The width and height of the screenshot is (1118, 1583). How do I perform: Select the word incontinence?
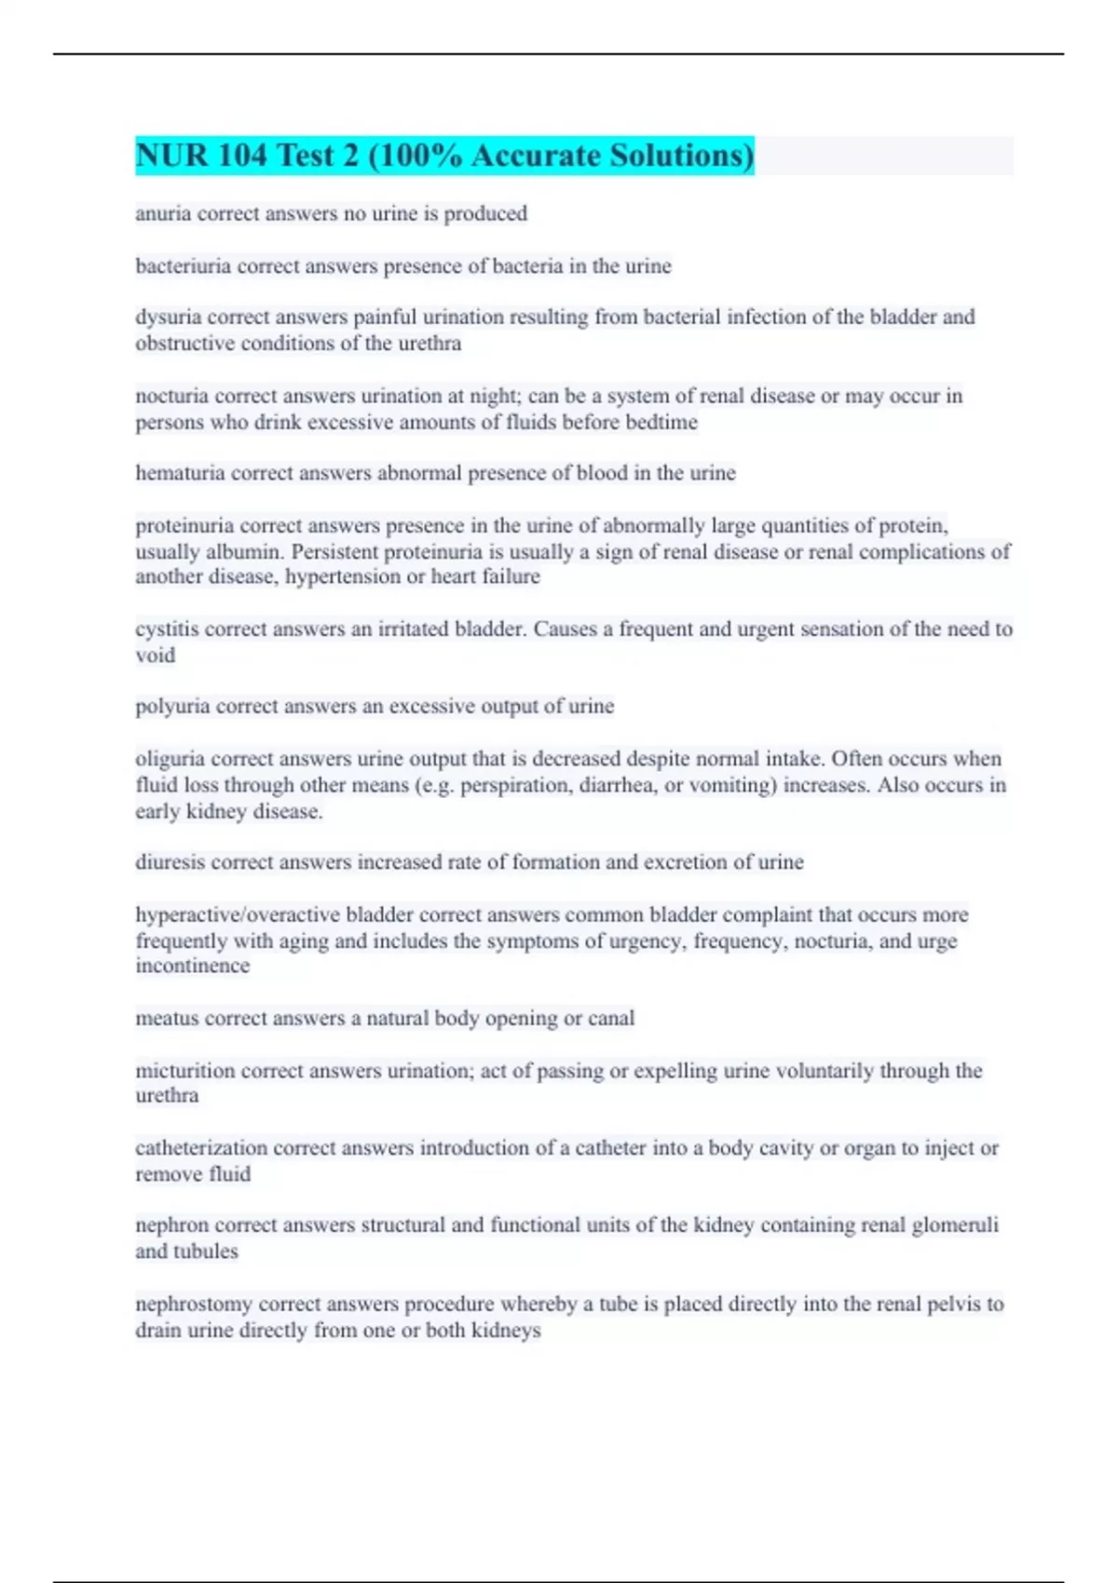point(193,967)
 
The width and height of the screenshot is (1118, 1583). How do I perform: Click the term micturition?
point(185,1071)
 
